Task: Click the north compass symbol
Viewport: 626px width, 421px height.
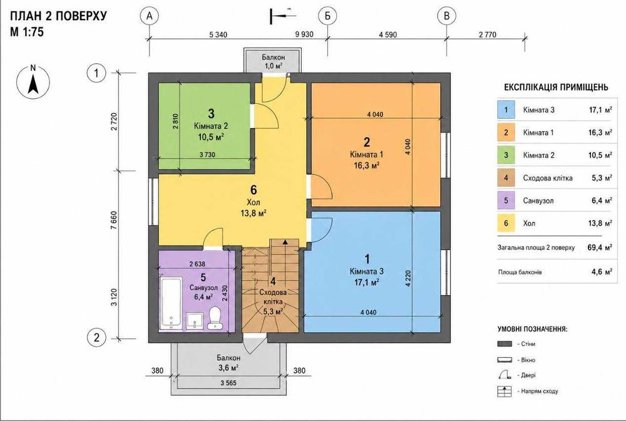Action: coord(33,83)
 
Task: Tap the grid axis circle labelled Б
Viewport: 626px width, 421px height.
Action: coord(327,16)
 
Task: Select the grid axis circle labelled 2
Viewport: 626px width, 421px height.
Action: coord(96,338)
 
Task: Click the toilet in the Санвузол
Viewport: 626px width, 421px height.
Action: coord(215,318)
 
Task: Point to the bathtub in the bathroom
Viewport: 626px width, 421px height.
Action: coord(171,304)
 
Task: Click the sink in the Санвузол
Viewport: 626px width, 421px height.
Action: coord(195,321)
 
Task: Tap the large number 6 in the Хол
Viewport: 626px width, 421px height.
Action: coord(254,190)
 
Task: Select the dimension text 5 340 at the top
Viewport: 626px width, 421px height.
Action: coord(218,34)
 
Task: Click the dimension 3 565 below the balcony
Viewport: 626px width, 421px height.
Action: coord(228,383)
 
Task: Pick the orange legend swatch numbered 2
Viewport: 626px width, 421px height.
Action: coord(506,133)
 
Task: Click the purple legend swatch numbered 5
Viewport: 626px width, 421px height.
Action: coord(506,200)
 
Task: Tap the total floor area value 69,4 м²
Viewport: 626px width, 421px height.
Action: coord(600,247)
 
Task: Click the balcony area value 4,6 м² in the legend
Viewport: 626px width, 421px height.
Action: coord(602,272)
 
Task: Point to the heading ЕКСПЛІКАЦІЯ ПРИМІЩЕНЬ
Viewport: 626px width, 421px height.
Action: coord(556,87)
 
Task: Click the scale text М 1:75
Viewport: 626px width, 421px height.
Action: coord(27,32)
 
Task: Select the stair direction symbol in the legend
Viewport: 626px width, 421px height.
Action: coord(505,392)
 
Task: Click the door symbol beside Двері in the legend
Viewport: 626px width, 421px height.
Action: coord(505,375)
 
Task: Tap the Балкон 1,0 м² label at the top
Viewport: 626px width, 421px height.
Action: coord(274,62)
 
